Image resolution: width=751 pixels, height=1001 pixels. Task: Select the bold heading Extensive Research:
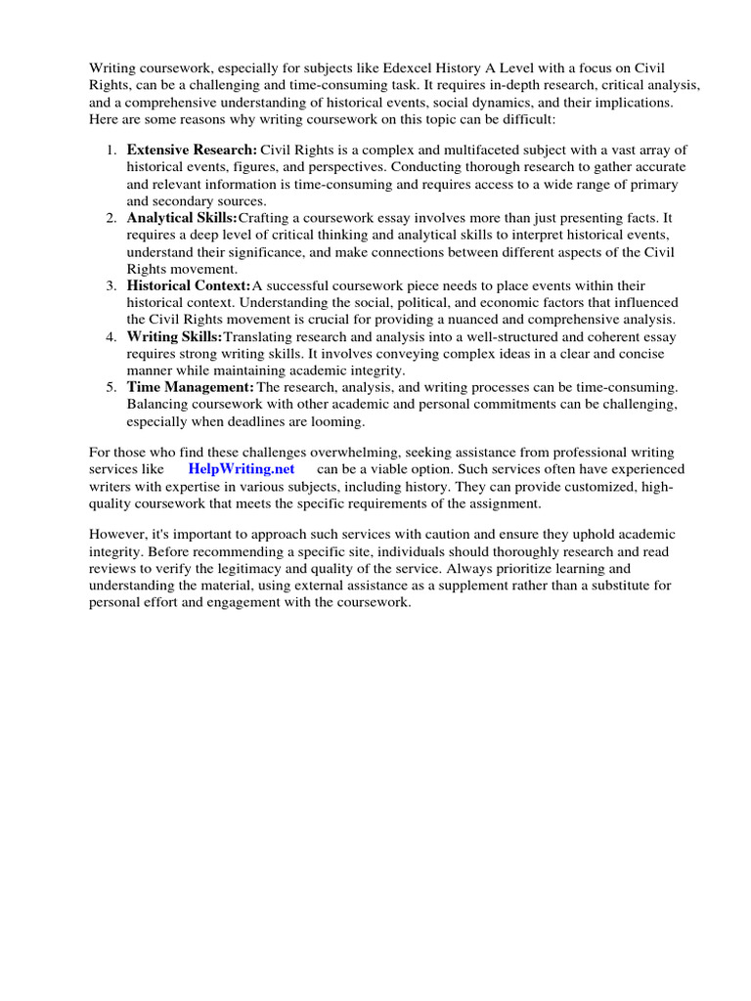(192, 150)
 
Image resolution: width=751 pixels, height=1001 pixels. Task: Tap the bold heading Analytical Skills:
(182, 217)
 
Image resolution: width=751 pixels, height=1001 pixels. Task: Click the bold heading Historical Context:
(189, 285)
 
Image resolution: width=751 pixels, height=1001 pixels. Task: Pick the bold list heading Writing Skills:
(175, 336)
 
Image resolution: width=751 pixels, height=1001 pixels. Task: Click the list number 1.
(110, 150)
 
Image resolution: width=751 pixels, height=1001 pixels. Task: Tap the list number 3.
(110, 285)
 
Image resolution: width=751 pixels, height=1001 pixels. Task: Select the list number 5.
(110, 388)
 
